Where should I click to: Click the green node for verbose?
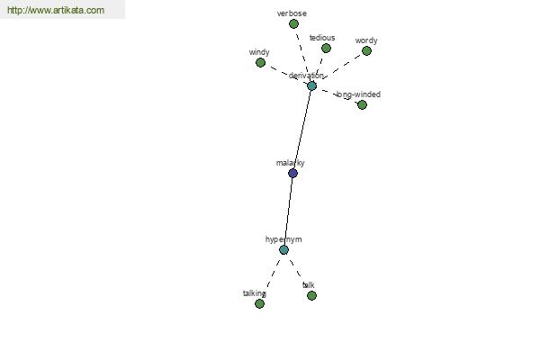[x=293, y=23]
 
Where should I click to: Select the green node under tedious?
[x=326, y=48]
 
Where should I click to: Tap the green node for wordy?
[x=366, y=51]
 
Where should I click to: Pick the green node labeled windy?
[x=260, y=62]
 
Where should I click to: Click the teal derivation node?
[x=311, y=85]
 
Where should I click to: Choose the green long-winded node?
[x=362, y=104]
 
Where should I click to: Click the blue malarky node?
[x=292, y=173]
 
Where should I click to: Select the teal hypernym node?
[x=283, y=250]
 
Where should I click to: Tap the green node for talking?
[x=260, y=303]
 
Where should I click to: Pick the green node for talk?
[x=311, y=295]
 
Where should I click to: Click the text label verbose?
[x=292, y=13]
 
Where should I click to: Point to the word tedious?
[x=322, y=38]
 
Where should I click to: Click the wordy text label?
[x=366, y=40]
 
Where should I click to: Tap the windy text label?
[x=259, y=52]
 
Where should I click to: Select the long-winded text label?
[x=358, y=94]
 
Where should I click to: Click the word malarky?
[x=291, y=163]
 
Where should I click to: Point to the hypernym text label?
[x=283, y=239]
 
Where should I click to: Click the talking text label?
[x=255, y=293]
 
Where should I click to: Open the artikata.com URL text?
[x=56, y=10]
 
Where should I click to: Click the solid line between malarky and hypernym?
[x=288, y=211]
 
